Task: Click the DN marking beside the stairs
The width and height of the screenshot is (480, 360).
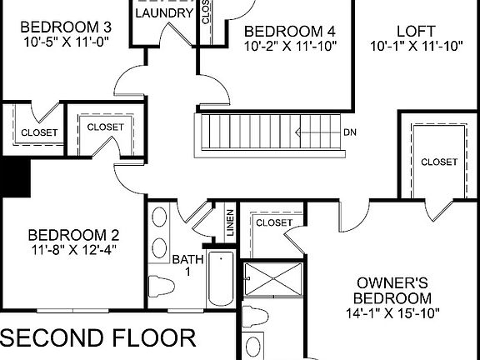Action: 351,132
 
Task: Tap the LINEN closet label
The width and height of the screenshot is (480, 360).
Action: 229,223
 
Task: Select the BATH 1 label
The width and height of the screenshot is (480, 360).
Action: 187,266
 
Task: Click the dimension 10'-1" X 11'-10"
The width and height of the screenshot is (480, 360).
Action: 416,47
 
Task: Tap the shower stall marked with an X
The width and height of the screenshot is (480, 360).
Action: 272,281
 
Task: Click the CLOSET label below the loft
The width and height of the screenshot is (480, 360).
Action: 438,162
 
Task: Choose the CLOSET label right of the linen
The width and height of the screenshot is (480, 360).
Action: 273,222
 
